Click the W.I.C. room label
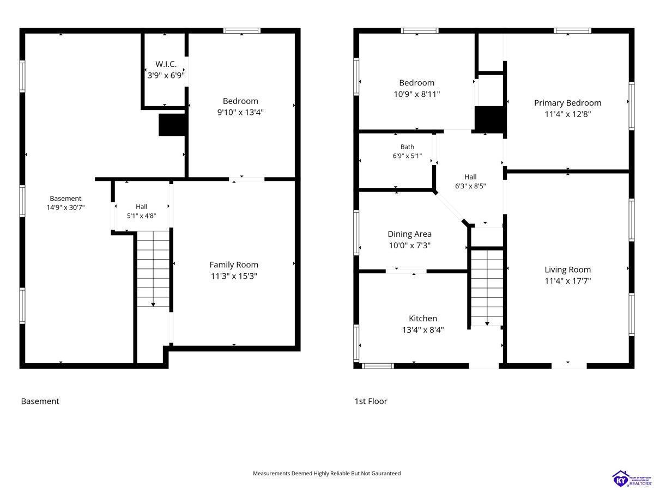pyautogui.click(x=166, y=64)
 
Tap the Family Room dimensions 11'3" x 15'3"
pyautogui.click(x=234, y=276)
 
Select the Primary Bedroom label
pyautogui.click(x=567, y=103)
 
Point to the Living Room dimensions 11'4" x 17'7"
pyautogui.click(x=567, y=281)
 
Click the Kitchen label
pyautogui.click(x=423, y=318)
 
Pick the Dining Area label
pyautogui.click(x=409, y=234)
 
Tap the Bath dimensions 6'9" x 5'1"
pyautogui.click(x=407, y=156)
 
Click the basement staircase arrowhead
pyautogui.click(x=153, y=305)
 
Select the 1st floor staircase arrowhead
pyautogui.click(x=487, y=323)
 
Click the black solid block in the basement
pyautogui.click(x=172, y=125)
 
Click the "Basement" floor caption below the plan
pyautogui.click(x=40, y=401)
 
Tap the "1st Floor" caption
pyautogui.click(x=371, y=401)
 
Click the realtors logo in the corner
pyautogui.click(x=632, y=479)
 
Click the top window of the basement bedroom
pyautogui.click(x=241, y=30)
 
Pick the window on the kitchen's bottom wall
pyautogui.click(x=378, y=366)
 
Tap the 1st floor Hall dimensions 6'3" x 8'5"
pyautogui.click(x=470, y=186)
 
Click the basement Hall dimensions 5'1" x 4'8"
pyautogui.click(x=142, y=216)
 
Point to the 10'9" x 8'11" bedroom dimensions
pyautogui.click(x=416, y=94)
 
